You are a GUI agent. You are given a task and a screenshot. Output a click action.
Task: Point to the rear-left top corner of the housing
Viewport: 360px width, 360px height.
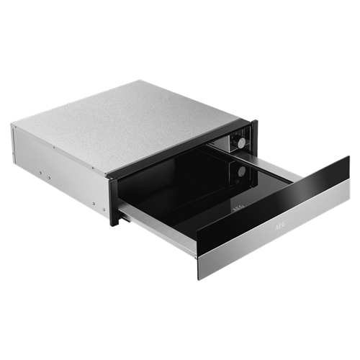click(12, 125)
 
